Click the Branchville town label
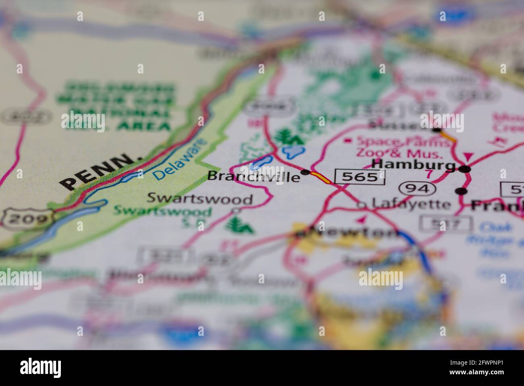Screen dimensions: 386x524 (254, 176)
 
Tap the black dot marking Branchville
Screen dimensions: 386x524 (306, 172)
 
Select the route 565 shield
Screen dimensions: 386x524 (360, 177)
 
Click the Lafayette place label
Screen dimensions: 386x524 (411, 203)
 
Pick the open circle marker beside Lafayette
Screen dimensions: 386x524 (362, 206)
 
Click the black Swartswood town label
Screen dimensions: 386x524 (200, 199)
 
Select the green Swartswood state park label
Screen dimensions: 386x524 (162, 211)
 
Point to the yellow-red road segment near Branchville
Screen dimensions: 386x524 (321, 178)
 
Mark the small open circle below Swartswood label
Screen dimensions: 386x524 (237, 210)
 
